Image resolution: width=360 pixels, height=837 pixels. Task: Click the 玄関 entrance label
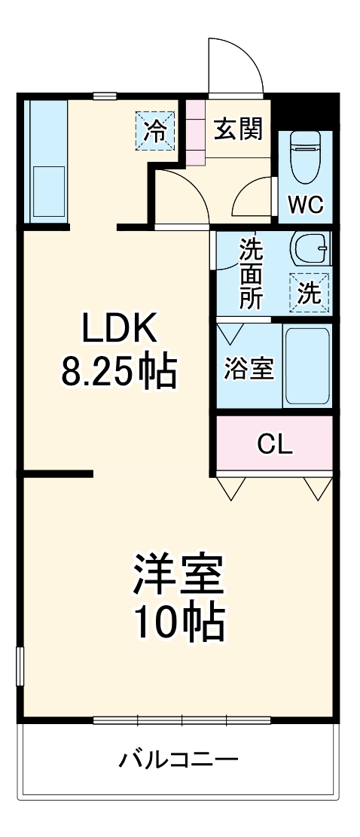tap(237, 129)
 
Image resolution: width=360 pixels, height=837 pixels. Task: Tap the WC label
tap(304, 203)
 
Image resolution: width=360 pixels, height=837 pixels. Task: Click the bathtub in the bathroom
tap(307, 367)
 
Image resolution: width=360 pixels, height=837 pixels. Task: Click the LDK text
tap(119, 329)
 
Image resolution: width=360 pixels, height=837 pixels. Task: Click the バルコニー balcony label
tap(178, 757)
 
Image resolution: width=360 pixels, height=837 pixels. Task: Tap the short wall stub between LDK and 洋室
tap(57, 473)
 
